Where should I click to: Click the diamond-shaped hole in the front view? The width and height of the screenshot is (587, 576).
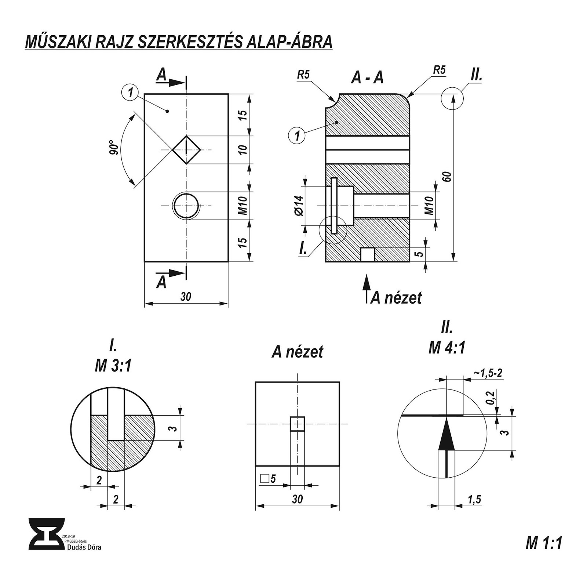(186, 150)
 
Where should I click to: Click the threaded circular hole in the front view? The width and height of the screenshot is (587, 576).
(186, 206)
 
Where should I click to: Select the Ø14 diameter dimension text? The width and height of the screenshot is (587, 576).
(299, 206)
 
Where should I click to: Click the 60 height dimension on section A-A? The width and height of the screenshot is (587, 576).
(447, 177)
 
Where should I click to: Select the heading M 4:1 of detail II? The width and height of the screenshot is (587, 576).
(446, 347)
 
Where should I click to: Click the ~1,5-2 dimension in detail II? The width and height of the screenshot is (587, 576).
(488, 373)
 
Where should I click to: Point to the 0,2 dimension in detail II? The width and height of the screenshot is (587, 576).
(492, 398)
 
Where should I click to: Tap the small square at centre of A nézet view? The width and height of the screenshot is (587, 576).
(297, 424)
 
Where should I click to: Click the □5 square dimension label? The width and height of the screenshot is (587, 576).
(268, 479)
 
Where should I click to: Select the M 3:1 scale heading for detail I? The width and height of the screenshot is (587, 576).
(113, 366)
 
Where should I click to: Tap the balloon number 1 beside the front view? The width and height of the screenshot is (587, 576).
(130, 92)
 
